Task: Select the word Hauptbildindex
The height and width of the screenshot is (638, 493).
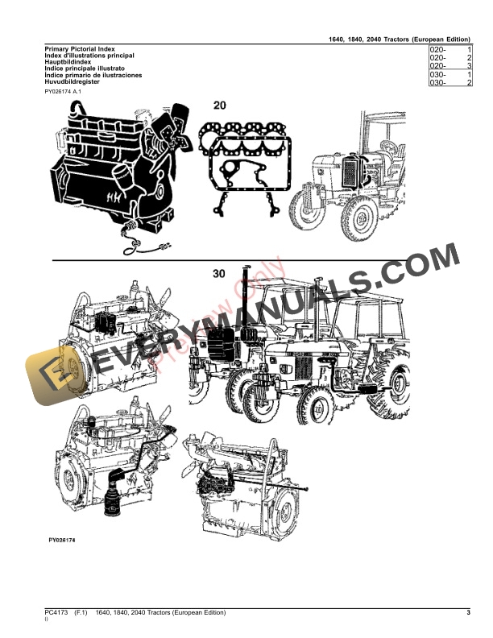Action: [68, 63]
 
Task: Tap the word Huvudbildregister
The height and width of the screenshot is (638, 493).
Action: [72, 82]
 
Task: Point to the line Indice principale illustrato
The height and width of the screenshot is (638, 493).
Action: [85, 69]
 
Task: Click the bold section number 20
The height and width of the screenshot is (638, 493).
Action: [220, 106]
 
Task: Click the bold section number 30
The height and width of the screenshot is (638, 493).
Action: [219, 274]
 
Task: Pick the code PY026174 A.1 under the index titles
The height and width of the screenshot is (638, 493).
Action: [64, 93]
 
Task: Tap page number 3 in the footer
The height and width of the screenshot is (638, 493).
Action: [468, 615]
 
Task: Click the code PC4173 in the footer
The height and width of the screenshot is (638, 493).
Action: [57, 615]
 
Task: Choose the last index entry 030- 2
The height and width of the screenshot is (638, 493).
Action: [450, 83]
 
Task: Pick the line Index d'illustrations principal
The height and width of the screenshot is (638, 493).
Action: [89, 56]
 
